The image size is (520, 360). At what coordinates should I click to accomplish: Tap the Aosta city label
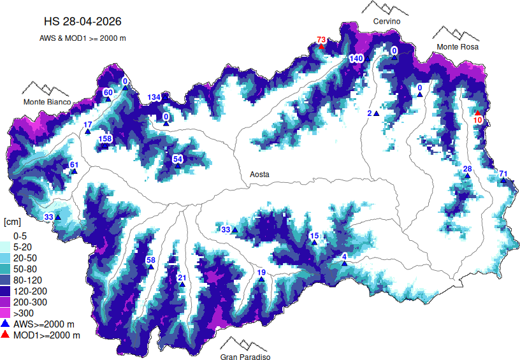coord(259,174)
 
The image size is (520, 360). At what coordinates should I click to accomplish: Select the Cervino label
coord(386,22)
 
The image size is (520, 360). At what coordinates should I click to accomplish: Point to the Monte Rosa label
coord(458,47)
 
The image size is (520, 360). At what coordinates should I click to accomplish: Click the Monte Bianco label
coord(48,102)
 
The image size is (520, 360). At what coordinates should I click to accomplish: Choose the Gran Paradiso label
coord(245,357)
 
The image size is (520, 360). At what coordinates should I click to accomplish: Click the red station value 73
coord(321,40)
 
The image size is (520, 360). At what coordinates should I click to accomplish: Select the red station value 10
coord(478,120)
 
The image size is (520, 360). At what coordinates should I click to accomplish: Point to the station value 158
coord(105,139)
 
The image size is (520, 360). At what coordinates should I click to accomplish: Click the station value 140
coord(356,59)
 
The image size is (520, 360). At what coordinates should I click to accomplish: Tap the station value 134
coord(154,97)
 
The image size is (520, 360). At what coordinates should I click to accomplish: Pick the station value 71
coord(503,174)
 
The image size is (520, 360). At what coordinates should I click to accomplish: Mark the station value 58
coord(150,260)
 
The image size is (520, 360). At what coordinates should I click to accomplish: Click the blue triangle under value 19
coord(261,279)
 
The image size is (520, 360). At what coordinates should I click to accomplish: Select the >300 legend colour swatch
coord(6,313)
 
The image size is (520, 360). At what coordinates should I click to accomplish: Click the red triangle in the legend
coord(6,335)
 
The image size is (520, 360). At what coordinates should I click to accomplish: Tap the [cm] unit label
coord(13,222)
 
